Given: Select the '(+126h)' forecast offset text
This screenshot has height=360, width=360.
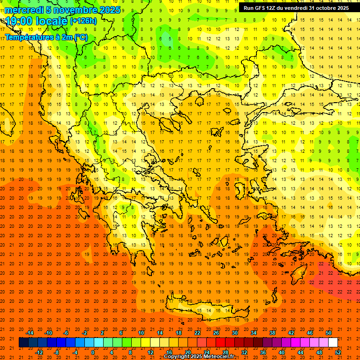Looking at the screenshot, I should pos(83,21).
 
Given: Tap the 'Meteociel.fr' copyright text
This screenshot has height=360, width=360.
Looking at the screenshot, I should pos(222,357).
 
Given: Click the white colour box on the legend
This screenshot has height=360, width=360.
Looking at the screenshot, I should pos(333,343).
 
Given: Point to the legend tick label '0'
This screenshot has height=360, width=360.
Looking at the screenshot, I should pos(93,352).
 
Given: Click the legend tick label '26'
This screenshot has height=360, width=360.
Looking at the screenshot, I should pos(216,333).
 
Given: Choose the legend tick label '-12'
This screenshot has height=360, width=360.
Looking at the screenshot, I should pos(39,352).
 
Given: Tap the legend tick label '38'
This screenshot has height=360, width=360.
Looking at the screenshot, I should pos(272,333).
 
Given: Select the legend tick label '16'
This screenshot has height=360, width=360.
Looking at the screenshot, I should pos(169,352).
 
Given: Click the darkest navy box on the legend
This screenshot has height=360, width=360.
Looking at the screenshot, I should pos(23,343).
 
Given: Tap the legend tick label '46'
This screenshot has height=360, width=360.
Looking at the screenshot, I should pos(310,333).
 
